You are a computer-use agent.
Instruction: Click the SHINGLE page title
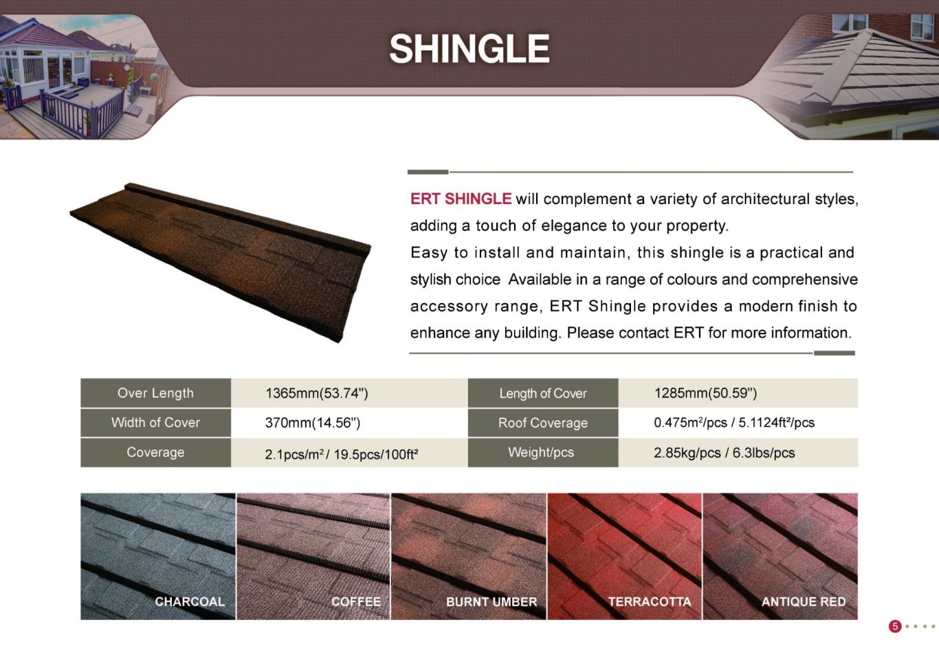click(x=469, y=49)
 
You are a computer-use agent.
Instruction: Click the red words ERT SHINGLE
click(x=461, y=199)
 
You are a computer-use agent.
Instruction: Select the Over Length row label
click(x=155, y=393)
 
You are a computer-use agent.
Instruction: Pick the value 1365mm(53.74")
click(x=316, y=393)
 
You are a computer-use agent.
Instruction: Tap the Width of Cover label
click(x=155, y=423)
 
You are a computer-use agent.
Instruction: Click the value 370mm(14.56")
click(x=312, y=423)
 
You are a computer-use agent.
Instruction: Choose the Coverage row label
click(x=155, y=452)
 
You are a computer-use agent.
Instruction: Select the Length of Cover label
click(x=543, y=393)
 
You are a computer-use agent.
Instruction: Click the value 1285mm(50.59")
click(x=705, y=393)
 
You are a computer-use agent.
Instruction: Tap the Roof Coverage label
click(x=543, y=423)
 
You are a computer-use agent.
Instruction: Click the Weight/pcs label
click(x=541, y=452)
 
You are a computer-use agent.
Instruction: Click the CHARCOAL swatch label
click(x=190, y=602)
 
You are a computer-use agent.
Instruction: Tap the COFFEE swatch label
click(x=356, y=602)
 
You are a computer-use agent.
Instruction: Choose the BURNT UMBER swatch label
click(x=491, y=602)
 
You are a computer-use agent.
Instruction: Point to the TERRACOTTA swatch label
click(x=650, y=602)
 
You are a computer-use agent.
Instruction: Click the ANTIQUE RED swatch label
click(x=804, y=602)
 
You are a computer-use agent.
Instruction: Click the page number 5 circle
click(x=895, y=626)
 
